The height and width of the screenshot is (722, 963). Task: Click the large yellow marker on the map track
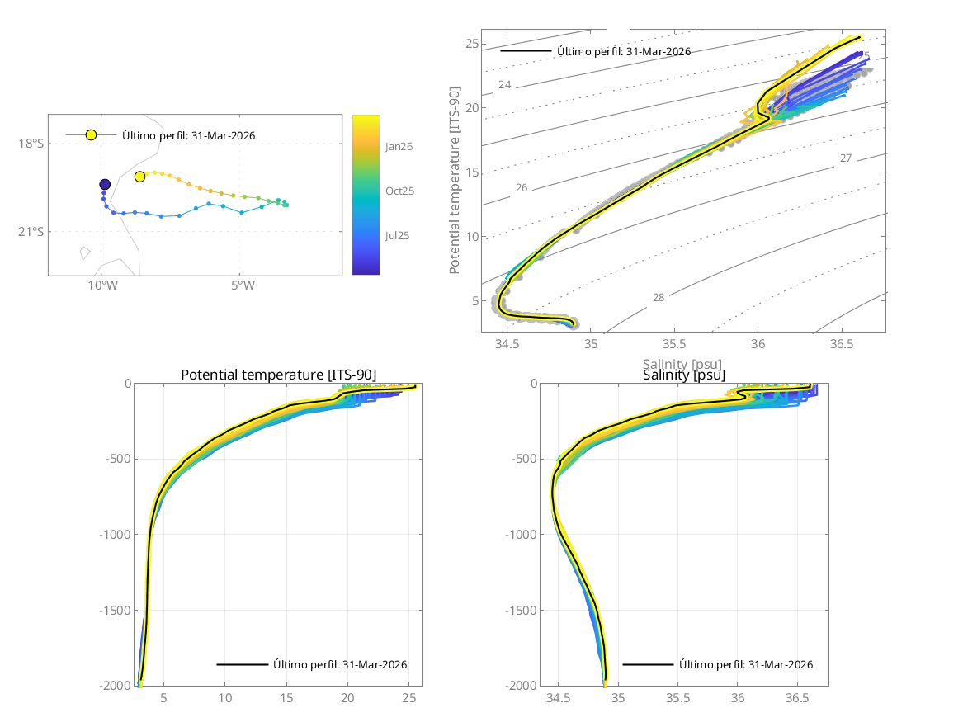tap(140, 177)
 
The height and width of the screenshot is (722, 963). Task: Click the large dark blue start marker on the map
tap(105, 184)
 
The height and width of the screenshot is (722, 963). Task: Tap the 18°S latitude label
tap(31, 144)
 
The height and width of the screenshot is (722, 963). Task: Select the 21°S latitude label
tap(31, 232)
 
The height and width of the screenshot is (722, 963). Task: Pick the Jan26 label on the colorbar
tap(399, 146)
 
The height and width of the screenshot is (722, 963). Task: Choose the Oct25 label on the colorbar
tap(399, 191)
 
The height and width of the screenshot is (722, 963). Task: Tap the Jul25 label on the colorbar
tap(399, 235)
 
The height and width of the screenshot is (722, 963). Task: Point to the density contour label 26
tap(522, 188)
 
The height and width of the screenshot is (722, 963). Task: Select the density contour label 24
tap(505, 85)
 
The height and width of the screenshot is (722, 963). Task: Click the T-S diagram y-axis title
tap(455, 183)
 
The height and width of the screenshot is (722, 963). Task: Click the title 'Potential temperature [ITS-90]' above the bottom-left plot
tap(278, 375)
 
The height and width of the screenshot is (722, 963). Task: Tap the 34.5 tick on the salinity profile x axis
tap(559, 698)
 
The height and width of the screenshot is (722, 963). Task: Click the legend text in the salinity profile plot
tap(746, 664)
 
